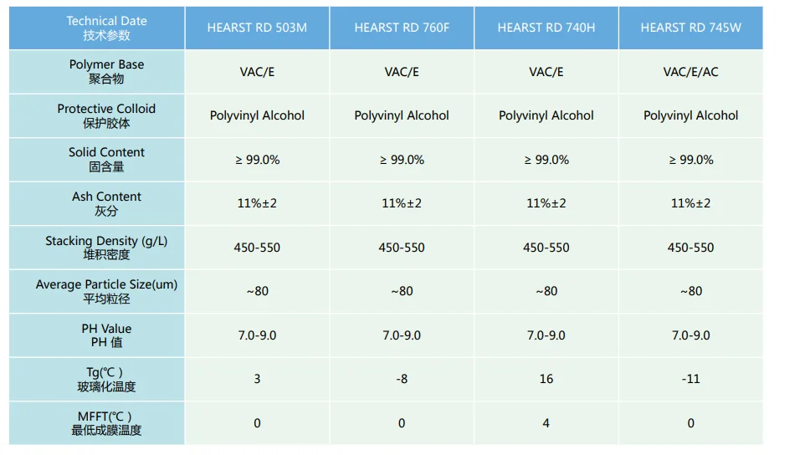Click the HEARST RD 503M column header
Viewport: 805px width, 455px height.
(x=257, y=28)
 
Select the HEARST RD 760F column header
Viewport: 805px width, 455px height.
(x=402, y=28)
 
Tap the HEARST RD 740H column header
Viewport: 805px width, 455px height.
(x=546, y=28)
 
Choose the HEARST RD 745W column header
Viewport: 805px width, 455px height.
(x=690, y=28)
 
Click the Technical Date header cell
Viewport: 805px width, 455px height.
(x=106, y=28)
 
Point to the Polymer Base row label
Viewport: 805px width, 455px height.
(x=106, y=71)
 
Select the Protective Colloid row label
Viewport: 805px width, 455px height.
(x=106, y=115)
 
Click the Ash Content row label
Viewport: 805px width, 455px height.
(x=106, y=203)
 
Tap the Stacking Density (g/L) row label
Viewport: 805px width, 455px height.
(x=106, y=248)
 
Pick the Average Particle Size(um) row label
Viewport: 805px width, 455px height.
(x=106, y=291)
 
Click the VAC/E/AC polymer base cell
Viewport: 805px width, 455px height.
(x=690, y=72)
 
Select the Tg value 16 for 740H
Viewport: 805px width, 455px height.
(x=546, y=379)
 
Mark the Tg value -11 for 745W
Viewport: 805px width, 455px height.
(x=690, y=379)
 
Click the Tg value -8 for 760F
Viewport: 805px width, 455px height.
(x=402, y=379)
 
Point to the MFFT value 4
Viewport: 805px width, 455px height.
(x=546, y=423)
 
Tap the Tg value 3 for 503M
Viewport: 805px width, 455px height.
(x=257, y=379)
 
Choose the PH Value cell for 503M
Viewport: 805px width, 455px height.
(x=257, y=335)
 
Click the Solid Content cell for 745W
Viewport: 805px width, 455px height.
(x=690, y=160)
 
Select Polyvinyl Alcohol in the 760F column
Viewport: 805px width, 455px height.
(x=402, y=115)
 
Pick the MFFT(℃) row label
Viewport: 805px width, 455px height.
(x=106, y=423)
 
